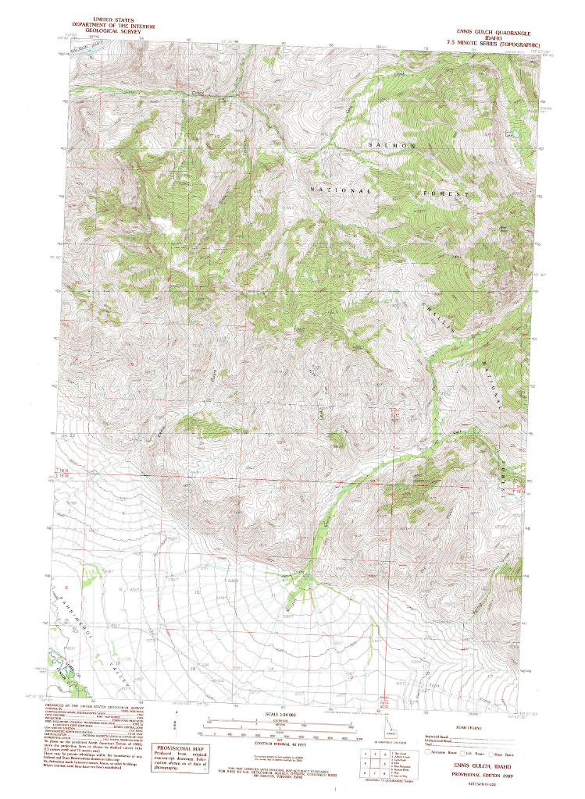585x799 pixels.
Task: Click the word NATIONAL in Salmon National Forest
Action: pyautogui.click(x=341, y=190)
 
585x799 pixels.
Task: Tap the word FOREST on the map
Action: pyautogui.click(x=447, y=192)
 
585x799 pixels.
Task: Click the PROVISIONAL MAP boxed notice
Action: pyautogui.click(x=182, y=759)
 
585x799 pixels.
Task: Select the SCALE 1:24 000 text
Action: pyautogui.click(x=282, y=714)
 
